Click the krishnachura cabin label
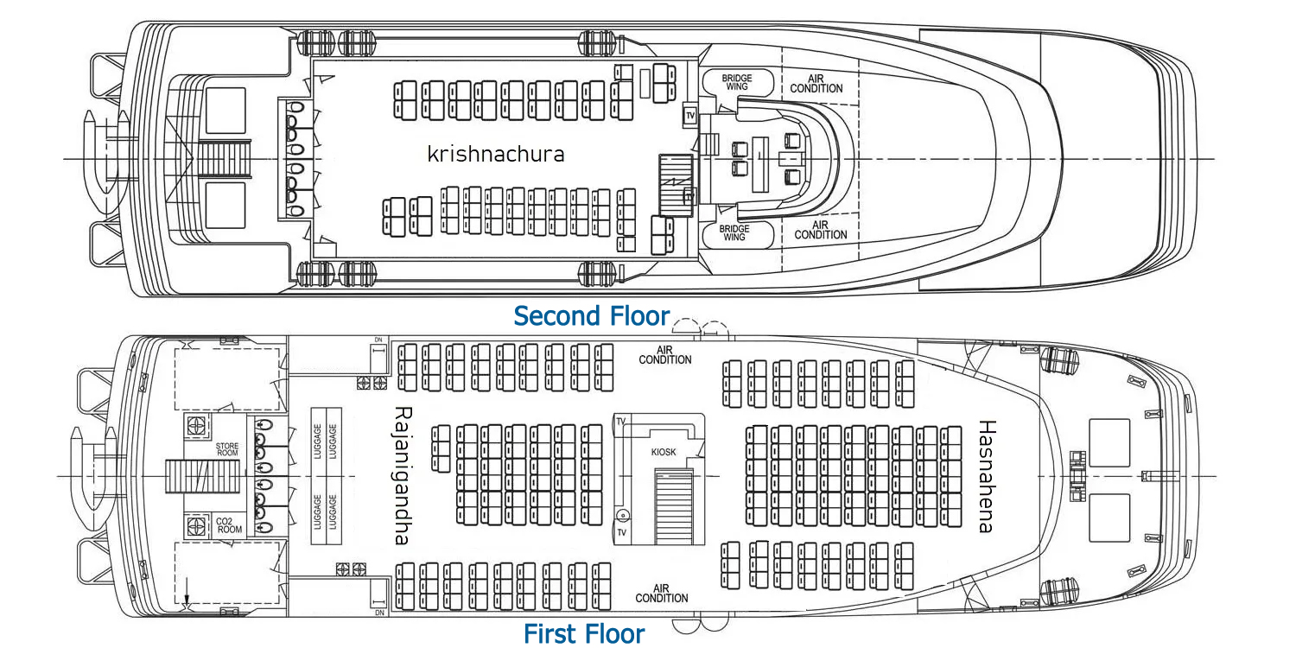496,155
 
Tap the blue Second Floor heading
592,316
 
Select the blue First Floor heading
584,634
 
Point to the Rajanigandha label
402,475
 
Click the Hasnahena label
986,476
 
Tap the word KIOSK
664,452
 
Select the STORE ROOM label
227,449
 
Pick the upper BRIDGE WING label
737,82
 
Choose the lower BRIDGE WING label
734,232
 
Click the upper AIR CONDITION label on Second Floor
816,83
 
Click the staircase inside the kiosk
674,505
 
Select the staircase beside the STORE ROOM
202,476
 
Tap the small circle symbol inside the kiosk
621,516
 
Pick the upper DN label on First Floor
378,340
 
